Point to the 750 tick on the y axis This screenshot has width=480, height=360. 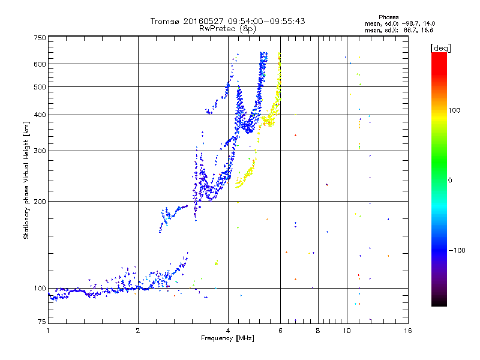pyautogui.click(x=40, y=38)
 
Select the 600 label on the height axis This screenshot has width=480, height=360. pyautogui.click(x=40, y=64)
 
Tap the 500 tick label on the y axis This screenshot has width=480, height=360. pyautogui.click(x=40, y=87)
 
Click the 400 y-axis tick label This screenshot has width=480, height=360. pyautogui.click(x=40, y=115)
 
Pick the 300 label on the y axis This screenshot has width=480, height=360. pyautogui.click(x=40, y=151)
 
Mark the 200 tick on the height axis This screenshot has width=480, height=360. pyautogui.click(x=40, y=201)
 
